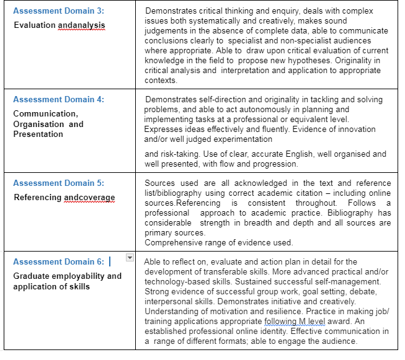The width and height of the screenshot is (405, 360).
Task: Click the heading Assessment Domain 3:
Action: point(58,11)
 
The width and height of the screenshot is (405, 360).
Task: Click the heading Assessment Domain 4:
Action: point(58,99)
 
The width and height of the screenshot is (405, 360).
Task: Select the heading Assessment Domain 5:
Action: point(58,183)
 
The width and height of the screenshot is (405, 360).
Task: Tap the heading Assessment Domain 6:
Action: point(58,261)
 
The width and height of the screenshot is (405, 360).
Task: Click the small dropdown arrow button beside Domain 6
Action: point(130,257)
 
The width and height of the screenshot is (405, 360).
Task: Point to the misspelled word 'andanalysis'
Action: point(81,25)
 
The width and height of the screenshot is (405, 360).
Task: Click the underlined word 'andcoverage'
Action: point(89,198)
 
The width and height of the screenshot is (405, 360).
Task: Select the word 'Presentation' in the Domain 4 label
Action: point(38,134)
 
